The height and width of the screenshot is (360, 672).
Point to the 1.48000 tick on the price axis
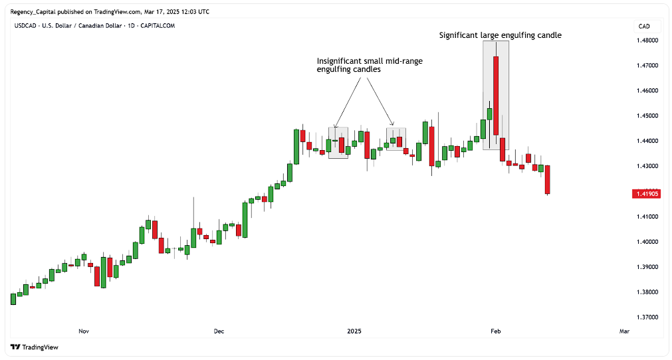[x=647, y=41]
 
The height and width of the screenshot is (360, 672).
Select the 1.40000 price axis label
[x=647, y=242]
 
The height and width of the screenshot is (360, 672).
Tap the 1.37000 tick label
[x=647, y=317]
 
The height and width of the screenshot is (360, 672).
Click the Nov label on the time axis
[x=84, y=331]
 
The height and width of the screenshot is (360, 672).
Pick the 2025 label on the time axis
[x=354, y=331]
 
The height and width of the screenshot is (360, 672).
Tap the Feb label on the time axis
[x=495, y=331]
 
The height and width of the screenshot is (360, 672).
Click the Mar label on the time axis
[x=624, y=331]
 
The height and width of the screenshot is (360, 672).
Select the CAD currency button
[x=644, y=27]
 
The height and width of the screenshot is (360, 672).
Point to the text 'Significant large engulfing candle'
[x=500, y=35]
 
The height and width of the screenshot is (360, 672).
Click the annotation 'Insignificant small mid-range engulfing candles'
[x=370, y=65]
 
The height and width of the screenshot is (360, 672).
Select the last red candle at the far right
[x=548, y=179]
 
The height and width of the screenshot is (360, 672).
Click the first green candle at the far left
[x=13, y=299]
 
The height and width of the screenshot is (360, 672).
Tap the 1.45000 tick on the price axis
[x=647, y=116]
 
